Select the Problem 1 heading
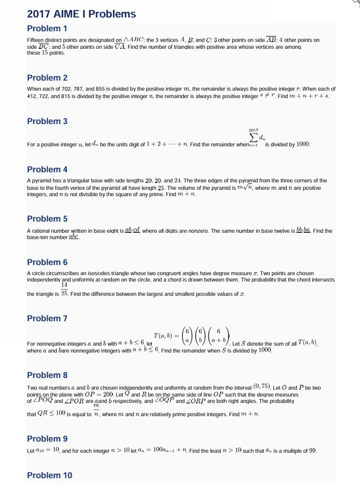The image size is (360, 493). [x=47, y=28]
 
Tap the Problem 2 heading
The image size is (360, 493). [x=47, y=77]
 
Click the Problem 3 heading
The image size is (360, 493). [x=47, y=121]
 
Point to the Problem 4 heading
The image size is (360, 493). [x=47, y=170]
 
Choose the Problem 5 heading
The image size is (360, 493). [x=47, y=218]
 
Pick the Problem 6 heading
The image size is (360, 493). [x=47, y=262]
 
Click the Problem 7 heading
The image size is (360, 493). [x=47, y=318]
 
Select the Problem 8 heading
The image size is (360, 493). [x=47, y=375]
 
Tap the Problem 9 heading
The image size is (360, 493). [x=47, y=438]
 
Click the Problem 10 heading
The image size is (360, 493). [x=49, y=475]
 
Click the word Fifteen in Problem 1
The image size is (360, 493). [x=35, y=40]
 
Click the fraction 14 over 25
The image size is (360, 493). [x=64, y=289]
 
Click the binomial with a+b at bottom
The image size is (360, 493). [x=218, y=335]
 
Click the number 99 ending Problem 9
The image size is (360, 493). [x=312, y=451]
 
